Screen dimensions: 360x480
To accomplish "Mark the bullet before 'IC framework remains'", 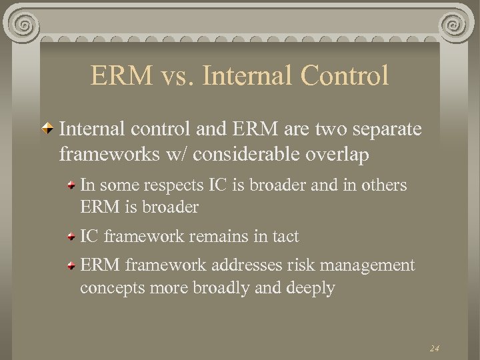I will point(71,236).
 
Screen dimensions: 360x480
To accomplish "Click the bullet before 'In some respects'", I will point(71,186).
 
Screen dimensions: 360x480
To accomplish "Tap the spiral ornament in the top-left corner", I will point(23,25).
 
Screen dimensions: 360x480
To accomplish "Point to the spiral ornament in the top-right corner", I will point(457,25).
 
